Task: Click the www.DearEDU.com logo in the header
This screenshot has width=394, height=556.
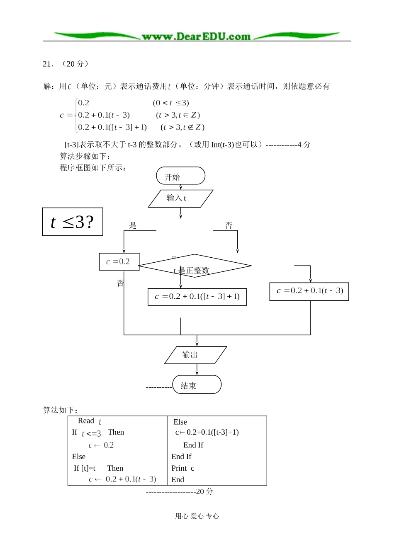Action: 196,36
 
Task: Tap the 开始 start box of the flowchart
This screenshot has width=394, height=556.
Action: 180,176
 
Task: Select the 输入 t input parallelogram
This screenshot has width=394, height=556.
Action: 180,198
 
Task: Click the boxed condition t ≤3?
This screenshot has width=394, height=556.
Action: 73,222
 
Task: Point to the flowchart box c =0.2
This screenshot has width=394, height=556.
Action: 119,262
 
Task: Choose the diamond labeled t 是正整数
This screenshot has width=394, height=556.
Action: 195,266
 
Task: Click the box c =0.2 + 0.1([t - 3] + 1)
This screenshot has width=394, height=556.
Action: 197,297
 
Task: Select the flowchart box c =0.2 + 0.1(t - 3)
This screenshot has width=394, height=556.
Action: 309,291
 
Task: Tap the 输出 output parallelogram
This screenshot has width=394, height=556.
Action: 195,355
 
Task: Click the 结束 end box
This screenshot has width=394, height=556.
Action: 197,385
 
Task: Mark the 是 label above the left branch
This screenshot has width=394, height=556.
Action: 133,225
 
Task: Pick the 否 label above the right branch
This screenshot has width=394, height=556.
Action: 229,225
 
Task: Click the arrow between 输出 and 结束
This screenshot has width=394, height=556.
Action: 197,370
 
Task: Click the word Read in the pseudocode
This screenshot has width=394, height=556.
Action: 86,421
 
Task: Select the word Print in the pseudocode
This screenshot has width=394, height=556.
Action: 179,468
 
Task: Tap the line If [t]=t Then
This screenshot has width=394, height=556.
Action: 98,468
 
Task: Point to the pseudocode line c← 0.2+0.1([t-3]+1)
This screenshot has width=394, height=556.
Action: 207,433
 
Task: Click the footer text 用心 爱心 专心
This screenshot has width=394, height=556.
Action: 197,516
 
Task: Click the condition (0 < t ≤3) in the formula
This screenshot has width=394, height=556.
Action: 171,103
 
